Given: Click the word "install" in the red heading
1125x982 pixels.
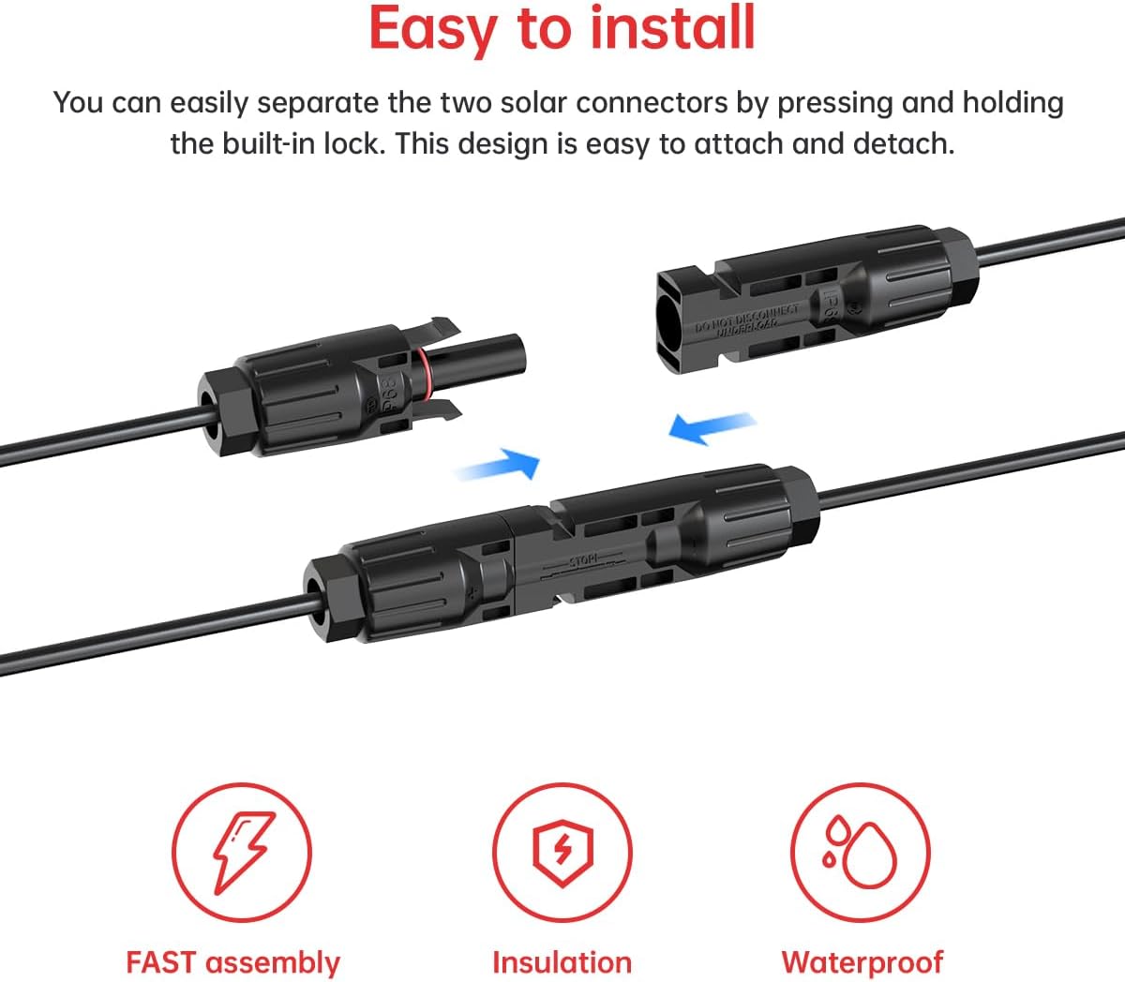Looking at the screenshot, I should pos(673,28).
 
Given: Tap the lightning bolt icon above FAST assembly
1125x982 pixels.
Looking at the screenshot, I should pos(242,853).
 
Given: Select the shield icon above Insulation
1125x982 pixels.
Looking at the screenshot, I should pos(562,853).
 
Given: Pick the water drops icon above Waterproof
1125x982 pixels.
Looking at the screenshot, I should pos(860,853).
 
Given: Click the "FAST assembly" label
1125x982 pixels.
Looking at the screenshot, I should pos(232,962).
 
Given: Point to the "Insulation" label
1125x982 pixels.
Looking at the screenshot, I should pos(562,962).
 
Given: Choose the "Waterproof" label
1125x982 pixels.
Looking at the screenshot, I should pos(862,962).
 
